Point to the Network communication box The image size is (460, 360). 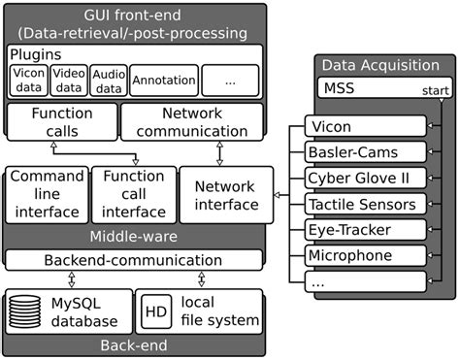(191, 123)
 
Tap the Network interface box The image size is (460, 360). (226, 194)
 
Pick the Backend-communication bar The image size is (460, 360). (134, 260)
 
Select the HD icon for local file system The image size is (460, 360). (156, 312)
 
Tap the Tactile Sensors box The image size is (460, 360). (365, 204)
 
